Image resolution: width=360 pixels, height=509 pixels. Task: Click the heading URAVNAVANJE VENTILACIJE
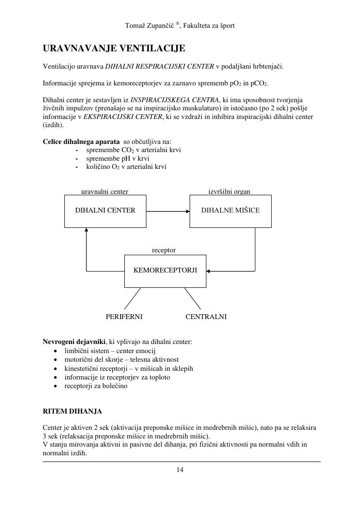pos(114,49)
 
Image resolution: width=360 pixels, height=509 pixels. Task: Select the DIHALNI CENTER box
pos(105,211)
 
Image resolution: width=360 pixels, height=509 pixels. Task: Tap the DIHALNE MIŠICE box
pos(230,211)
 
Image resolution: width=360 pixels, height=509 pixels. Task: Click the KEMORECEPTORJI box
pos(165,271)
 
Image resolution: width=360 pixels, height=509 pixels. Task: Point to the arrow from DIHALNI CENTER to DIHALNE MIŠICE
pos(168,211)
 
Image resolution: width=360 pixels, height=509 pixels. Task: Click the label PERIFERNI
pos(124,317)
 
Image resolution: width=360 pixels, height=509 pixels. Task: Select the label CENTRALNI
pos(206,317)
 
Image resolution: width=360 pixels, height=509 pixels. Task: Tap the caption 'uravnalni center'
pos(105,191)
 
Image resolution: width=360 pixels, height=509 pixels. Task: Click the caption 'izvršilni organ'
pos(229,191)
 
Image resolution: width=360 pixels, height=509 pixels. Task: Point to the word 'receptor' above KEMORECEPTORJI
pos(164,250)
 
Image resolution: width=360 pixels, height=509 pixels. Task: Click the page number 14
pos(180,470)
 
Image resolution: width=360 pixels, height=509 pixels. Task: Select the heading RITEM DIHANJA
pos(72,412)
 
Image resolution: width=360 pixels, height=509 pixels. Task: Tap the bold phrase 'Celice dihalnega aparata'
pos(81,142)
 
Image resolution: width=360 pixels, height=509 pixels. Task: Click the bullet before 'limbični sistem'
pos(56,351)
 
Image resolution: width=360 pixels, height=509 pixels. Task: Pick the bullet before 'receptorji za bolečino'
pos(56,386)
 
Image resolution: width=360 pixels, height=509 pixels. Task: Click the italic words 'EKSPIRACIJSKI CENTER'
pos(122,117)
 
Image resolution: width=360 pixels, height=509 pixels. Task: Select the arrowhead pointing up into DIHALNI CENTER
pos(86,230)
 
